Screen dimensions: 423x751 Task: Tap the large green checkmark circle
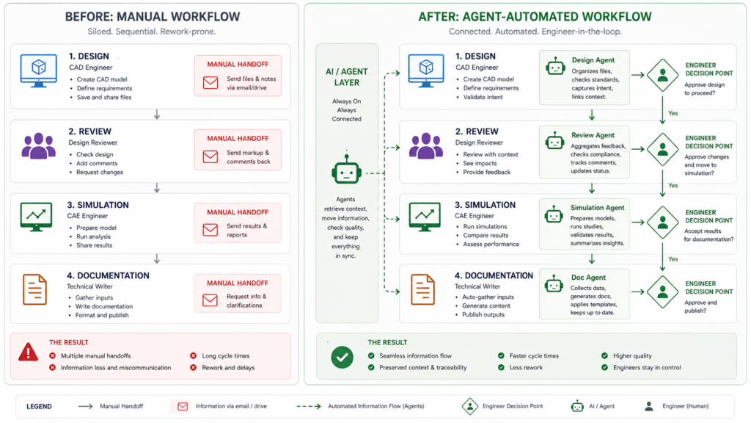[x=342, y=357]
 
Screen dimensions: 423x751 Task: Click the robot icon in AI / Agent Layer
[x=346, y=173]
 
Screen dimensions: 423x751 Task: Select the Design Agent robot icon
[x=555, y=67]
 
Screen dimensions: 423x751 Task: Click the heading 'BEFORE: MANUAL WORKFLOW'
[x=152, y=17]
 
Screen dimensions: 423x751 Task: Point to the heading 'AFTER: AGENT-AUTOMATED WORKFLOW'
[x=524, y=17]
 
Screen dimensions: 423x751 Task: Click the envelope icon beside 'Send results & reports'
[x=210, y=230]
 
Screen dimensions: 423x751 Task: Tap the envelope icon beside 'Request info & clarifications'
[x=210, y=300]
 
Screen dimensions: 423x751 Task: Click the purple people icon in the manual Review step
[x=38, y=146]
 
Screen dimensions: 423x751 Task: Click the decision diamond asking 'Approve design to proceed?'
[x=662, y=75]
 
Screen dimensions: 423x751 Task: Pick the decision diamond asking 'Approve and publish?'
[x=662, y=292]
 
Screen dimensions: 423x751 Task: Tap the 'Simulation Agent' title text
[x=597, y=208]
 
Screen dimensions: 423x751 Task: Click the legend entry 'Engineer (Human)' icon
[x=649, y=406]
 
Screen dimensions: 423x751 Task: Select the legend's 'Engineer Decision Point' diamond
[x=470, y=406]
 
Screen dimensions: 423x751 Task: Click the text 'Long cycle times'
[x=227, y=355]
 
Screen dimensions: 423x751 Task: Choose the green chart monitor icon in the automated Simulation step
[x=425, y=217]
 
